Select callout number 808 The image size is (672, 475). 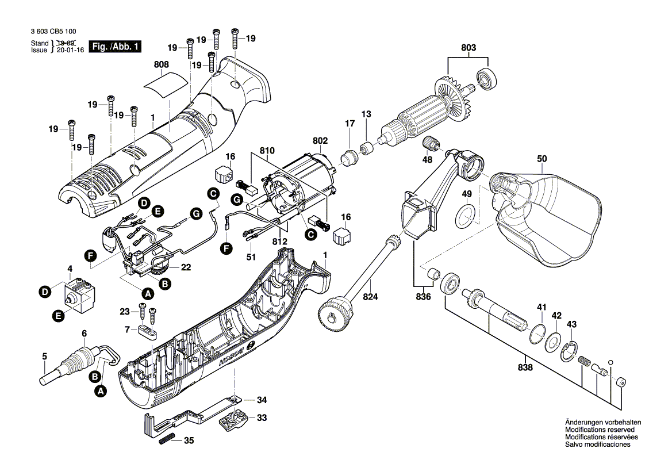tap(162, 66)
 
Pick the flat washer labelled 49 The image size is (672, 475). tap(466, 216)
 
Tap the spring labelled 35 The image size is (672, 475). tap(166, 439)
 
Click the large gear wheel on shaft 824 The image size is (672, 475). tap(332, 316)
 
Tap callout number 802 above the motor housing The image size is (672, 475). tap(320, 140)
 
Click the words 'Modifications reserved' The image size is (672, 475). tap(600, 430)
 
